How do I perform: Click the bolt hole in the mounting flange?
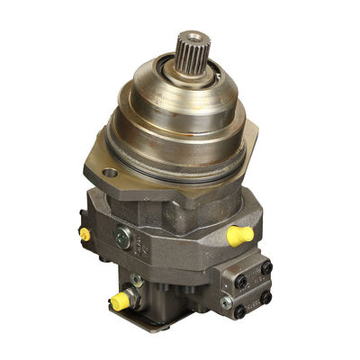(111, 172)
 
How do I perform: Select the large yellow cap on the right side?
(239, 236)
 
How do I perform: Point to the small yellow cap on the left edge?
(85, 234)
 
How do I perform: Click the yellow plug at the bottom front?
(119, 301)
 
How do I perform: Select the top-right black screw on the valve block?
(266, 266)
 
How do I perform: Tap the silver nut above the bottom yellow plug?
(132, 282)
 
